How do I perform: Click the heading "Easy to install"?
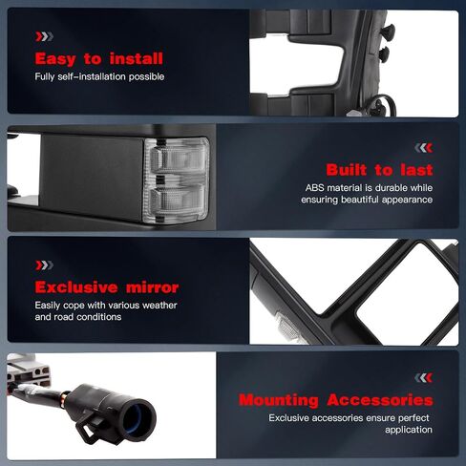[99, 59]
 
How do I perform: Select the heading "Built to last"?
[379, 170]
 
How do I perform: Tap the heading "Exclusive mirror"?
[107, 287]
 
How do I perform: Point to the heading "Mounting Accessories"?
[336, 400]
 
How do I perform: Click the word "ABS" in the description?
[314, 188]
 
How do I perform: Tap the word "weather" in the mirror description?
[159, 306]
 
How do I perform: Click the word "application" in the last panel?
[409, 430]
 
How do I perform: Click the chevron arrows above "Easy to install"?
[44, 36]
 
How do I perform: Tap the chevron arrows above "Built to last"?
[424, 148]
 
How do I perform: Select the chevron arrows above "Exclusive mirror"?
[44, 265]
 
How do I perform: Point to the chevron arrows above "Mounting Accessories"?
[424, 378]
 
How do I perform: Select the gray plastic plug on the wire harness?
[26, 370]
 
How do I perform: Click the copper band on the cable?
[64, 398]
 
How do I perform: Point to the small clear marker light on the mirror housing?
[287, 326]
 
